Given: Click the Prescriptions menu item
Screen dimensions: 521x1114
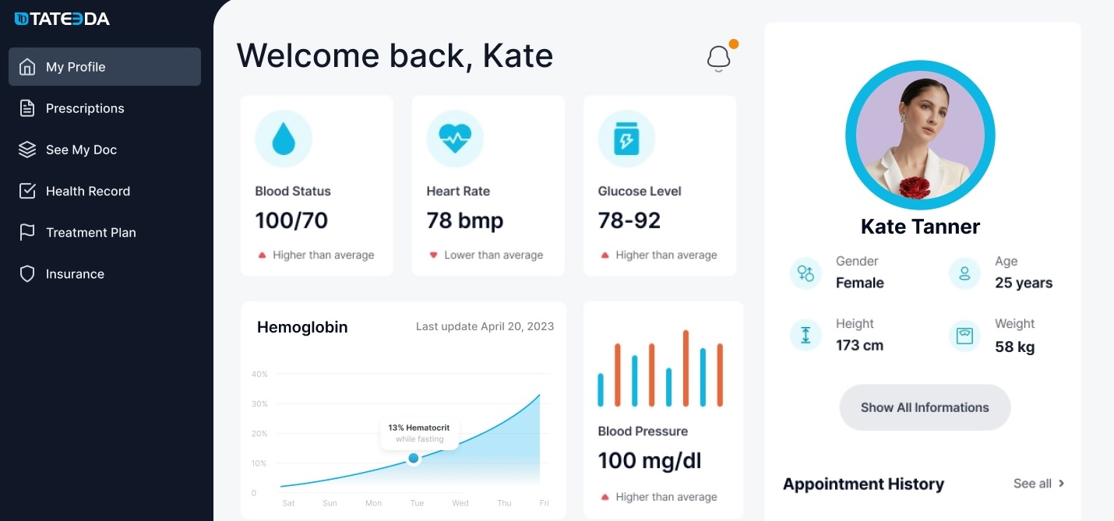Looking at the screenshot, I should pos(84,108).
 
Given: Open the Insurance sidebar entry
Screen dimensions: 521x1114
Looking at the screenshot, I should pos(75,274).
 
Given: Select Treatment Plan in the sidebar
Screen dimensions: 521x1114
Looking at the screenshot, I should pos(90,232).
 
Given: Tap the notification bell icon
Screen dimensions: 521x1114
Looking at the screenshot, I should pos(718,58).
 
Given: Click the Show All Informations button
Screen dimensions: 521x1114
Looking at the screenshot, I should pos(925,407).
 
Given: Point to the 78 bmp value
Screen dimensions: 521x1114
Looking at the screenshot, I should pos(465,220).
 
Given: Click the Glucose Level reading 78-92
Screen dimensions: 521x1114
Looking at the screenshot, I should pos(629,220).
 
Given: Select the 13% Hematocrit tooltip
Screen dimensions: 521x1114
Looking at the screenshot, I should pos(419,433).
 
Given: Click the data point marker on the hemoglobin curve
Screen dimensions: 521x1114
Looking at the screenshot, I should pos(414,459).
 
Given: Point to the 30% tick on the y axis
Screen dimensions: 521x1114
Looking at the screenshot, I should pos(259,403).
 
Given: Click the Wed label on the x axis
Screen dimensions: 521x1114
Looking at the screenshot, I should pos(460,503).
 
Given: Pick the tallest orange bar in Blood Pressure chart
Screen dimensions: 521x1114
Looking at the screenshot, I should pos(686,368).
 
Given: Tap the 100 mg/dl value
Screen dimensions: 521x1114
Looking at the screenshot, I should pos(650,460).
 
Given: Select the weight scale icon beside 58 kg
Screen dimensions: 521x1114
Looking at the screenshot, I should pos(964,336).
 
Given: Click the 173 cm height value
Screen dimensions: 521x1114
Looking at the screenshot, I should pos(859,345).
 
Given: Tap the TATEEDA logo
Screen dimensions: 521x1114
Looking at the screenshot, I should pos(62,19).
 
